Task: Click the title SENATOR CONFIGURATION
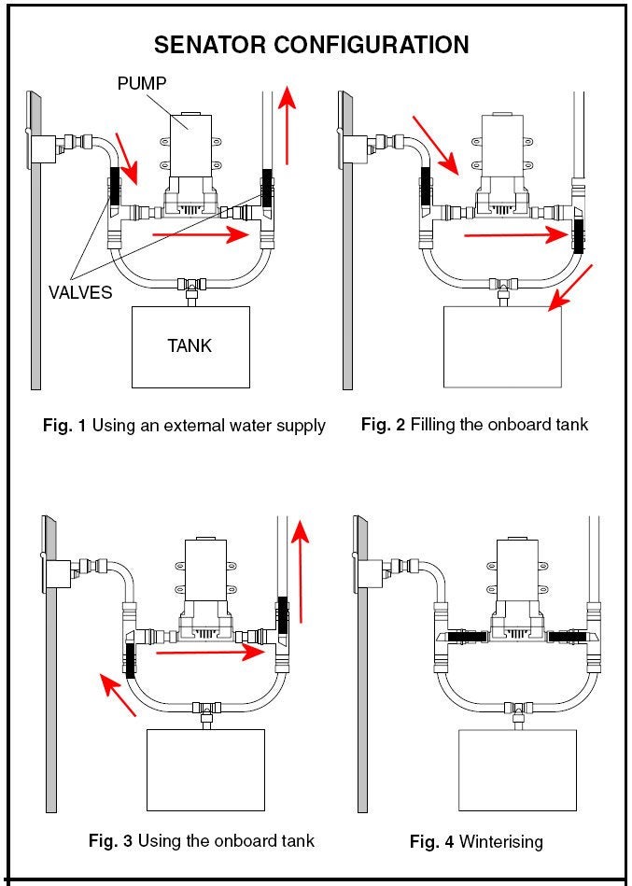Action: click(311, 45)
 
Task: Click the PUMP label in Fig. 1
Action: click(142, 84)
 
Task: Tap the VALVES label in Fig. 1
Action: click(79, 292)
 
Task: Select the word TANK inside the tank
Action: click(190, 345)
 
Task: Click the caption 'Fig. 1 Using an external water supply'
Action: click(184, 426)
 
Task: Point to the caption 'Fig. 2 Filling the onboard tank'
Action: click(474, 425)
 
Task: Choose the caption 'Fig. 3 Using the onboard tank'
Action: click(201, 840)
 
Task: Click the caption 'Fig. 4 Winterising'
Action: click(475, 841)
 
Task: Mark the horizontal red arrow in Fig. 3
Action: click(211, 654)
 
